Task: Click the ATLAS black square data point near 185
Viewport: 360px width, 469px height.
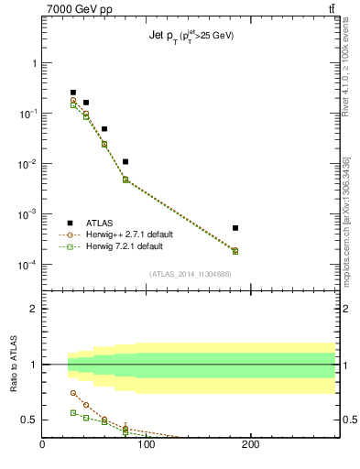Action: tap(235, 228)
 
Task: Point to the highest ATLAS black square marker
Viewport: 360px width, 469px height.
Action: tap(73, 93)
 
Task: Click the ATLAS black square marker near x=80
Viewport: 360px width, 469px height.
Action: tap(125, 161)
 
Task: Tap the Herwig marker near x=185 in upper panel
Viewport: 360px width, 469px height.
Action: tap(235, 250)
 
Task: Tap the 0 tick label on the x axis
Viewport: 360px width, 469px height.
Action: tap(42, 446)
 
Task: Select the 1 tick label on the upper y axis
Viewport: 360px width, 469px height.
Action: tap(34, 63)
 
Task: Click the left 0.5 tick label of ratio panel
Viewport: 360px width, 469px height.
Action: tap(28, 420)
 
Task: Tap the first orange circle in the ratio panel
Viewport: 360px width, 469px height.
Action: tap(73, 392)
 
